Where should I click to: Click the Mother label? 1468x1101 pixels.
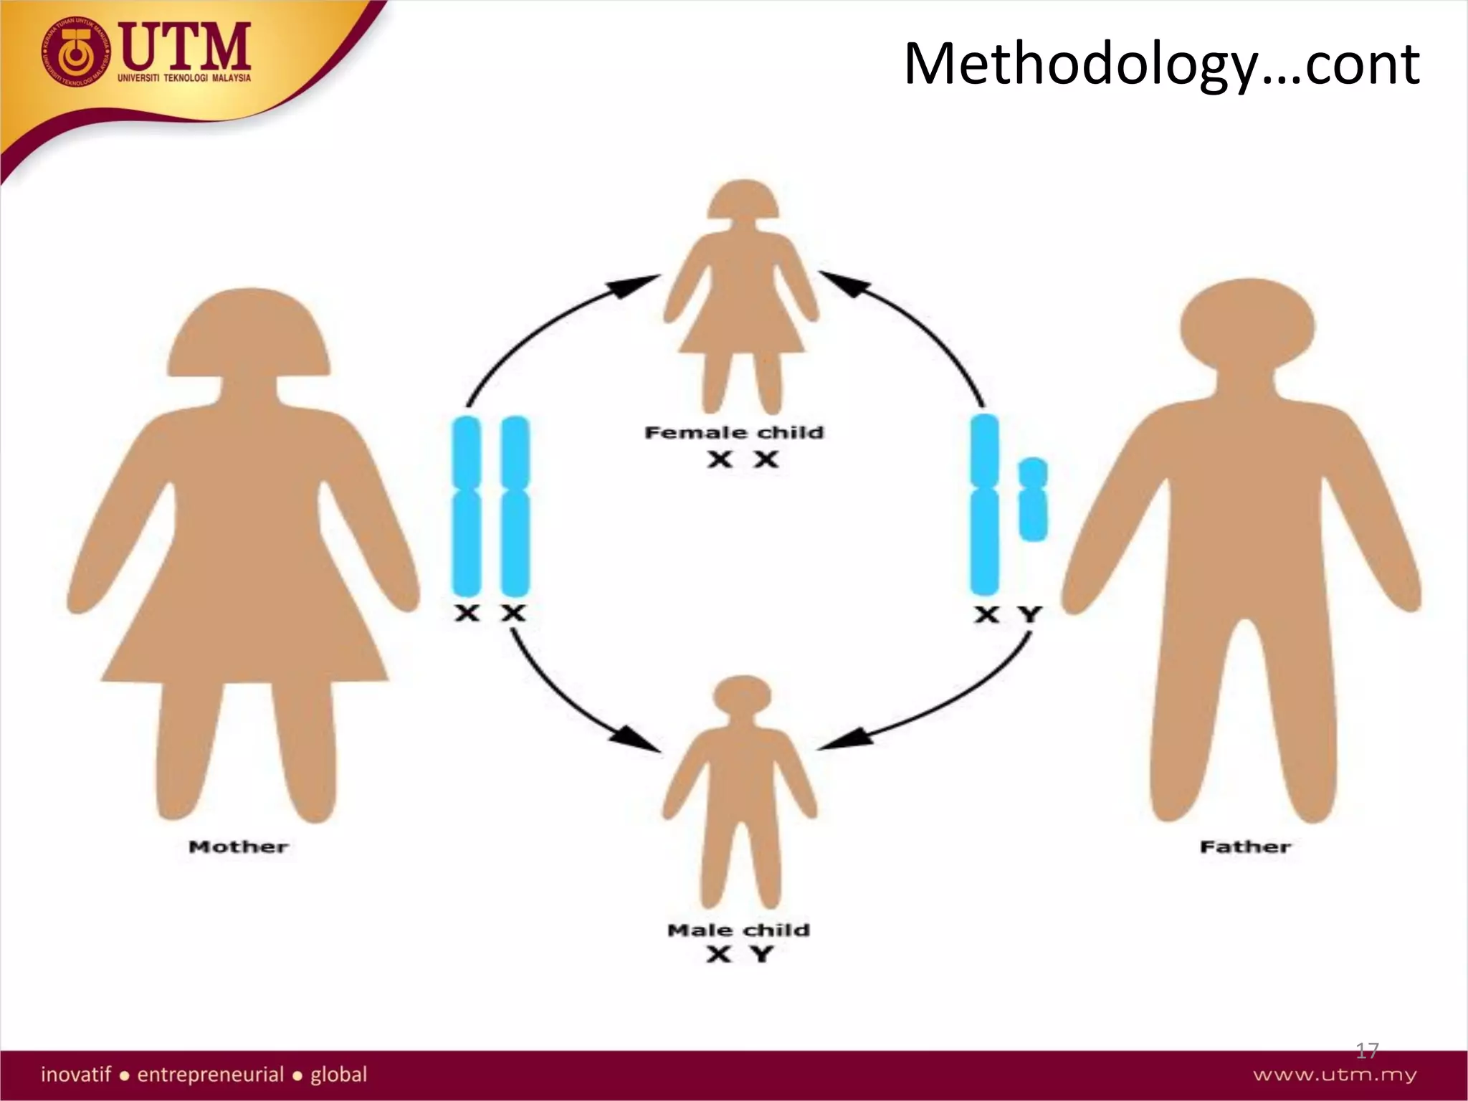pos(238,847)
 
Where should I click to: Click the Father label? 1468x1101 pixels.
pos(1245,847)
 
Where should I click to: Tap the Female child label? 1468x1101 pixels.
pos(734,433)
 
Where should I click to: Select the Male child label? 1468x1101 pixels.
pos(738,930)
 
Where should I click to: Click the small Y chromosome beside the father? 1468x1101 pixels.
pos(1032,499)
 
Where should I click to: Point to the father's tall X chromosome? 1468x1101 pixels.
pos(984,505)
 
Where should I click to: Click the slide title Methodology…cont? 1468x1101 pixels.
pos(1161,65)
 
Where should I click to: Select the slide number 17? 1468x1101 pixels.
pos(1367,1051)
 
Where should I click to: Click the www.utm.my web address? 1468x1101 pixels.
pos(1335,1075)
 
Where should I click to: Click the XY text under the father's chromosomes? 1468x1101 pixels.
pos(1008,615)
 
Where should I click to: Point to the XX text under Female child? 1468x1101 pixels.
pos(743,460)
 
